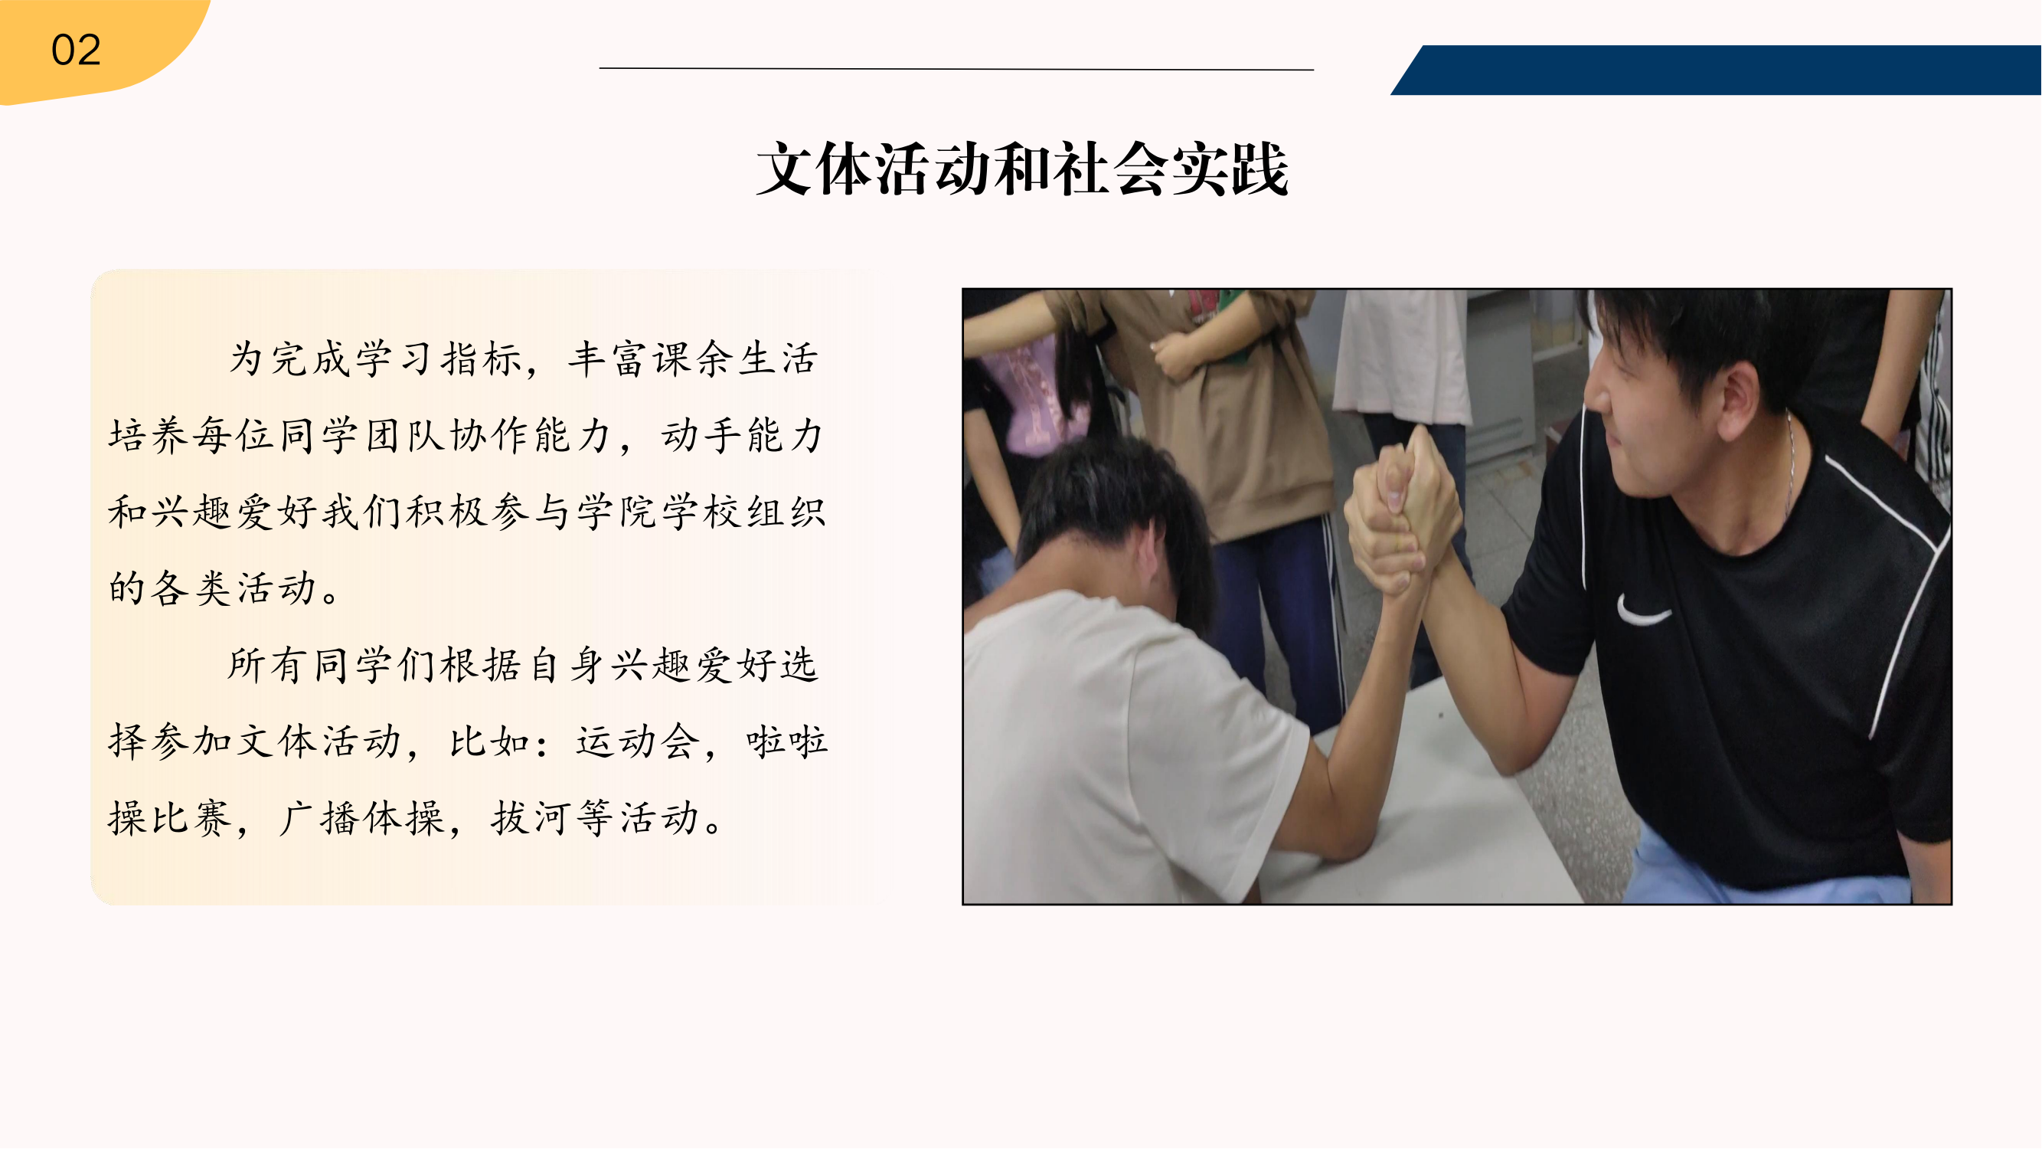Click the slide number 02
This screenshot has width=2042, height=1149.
point(76,50)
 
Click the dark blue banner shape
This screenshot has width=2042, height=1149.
point(1716,70)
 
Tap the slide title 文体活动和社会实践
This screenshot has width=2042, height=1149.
point(1023,169)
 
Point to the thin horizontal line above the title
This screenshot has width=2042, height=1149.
point(956,69)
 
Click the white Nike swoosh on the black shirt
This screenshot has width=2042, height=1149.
point(1642,611)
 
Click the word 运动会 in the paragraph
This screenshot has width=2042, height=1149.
point(639,742)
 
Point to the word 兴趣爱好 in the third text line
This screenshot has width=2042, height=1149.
point(234,512)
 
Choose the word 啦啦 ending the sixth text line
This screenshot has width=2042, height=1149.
point(786,742)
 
